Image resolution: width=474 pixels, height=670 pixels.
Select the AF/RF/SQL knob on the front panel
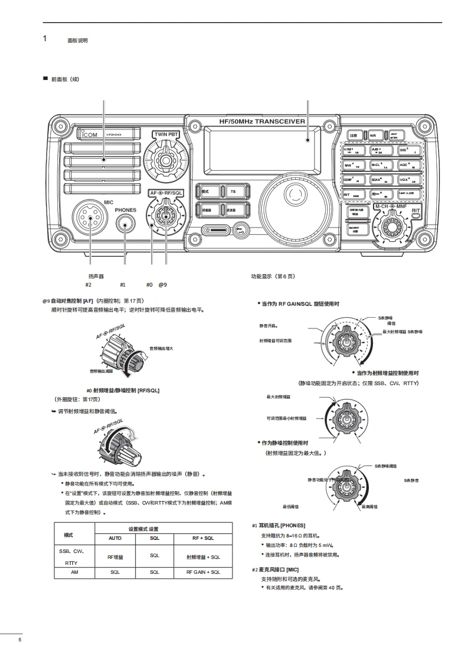point(165,216)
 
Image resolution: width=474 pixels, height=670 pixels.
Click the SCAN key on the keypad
point(379,179)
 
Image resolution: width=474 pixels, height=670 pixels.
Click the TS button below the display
point(233,191)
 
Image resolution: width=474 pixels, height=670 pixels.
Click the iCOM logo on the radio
point(90,134)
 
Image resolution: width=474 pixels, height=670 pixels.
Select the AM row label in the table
point(74,572)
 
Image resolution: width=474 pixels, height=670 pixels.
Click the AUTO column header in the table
point(115,538)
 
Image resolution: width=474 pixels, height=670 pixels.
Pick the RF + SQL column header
point(203,538)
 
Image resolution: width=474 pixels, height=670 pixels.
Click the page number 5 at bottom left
point(20,640)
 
